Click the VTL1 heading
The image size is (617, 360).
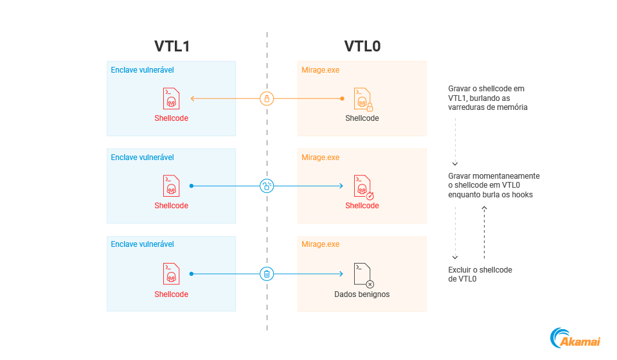pos(172,46)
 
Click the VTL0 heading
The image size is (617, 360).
pos(362,46)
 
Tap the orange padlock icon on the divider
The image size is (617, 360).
pos(267,98)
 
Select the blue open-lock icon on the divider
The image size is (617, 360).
pos(267,186)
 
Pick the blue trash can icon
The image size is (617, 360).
pos(267,274)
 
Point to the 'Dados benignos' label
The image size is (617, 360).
pos(362,294)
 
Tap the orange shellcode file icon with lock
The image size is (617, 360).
pos(362,99)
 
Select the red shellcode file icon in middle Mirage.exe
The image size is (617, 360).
pos(363,186)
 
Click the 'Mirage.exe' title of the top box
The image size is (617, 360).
pos(320,69)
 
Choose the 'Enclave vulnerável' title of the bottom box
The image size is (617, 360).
pos(142,244)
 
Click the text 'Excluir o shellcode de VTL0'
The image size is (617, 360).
pos(480,274)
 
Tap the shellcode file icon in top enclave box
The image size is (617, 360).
pos(171,99)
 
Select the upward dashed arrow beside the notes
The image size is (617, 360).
pos(484,231)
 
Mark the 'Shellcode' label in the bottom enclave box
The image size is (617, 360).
pos(171,294)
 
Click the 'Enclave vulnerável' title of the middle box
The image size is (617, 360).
pos(142,157)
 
